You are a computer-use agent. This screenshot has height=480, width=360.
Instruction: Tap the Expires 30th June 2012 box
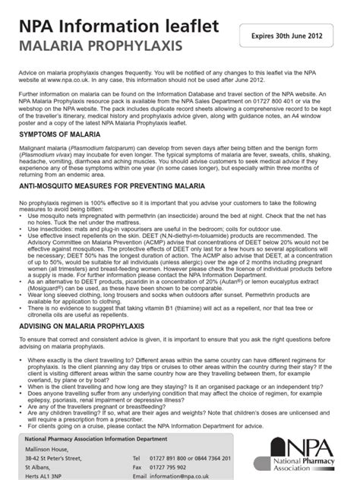pyautogui.click(x=288, y=36)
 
